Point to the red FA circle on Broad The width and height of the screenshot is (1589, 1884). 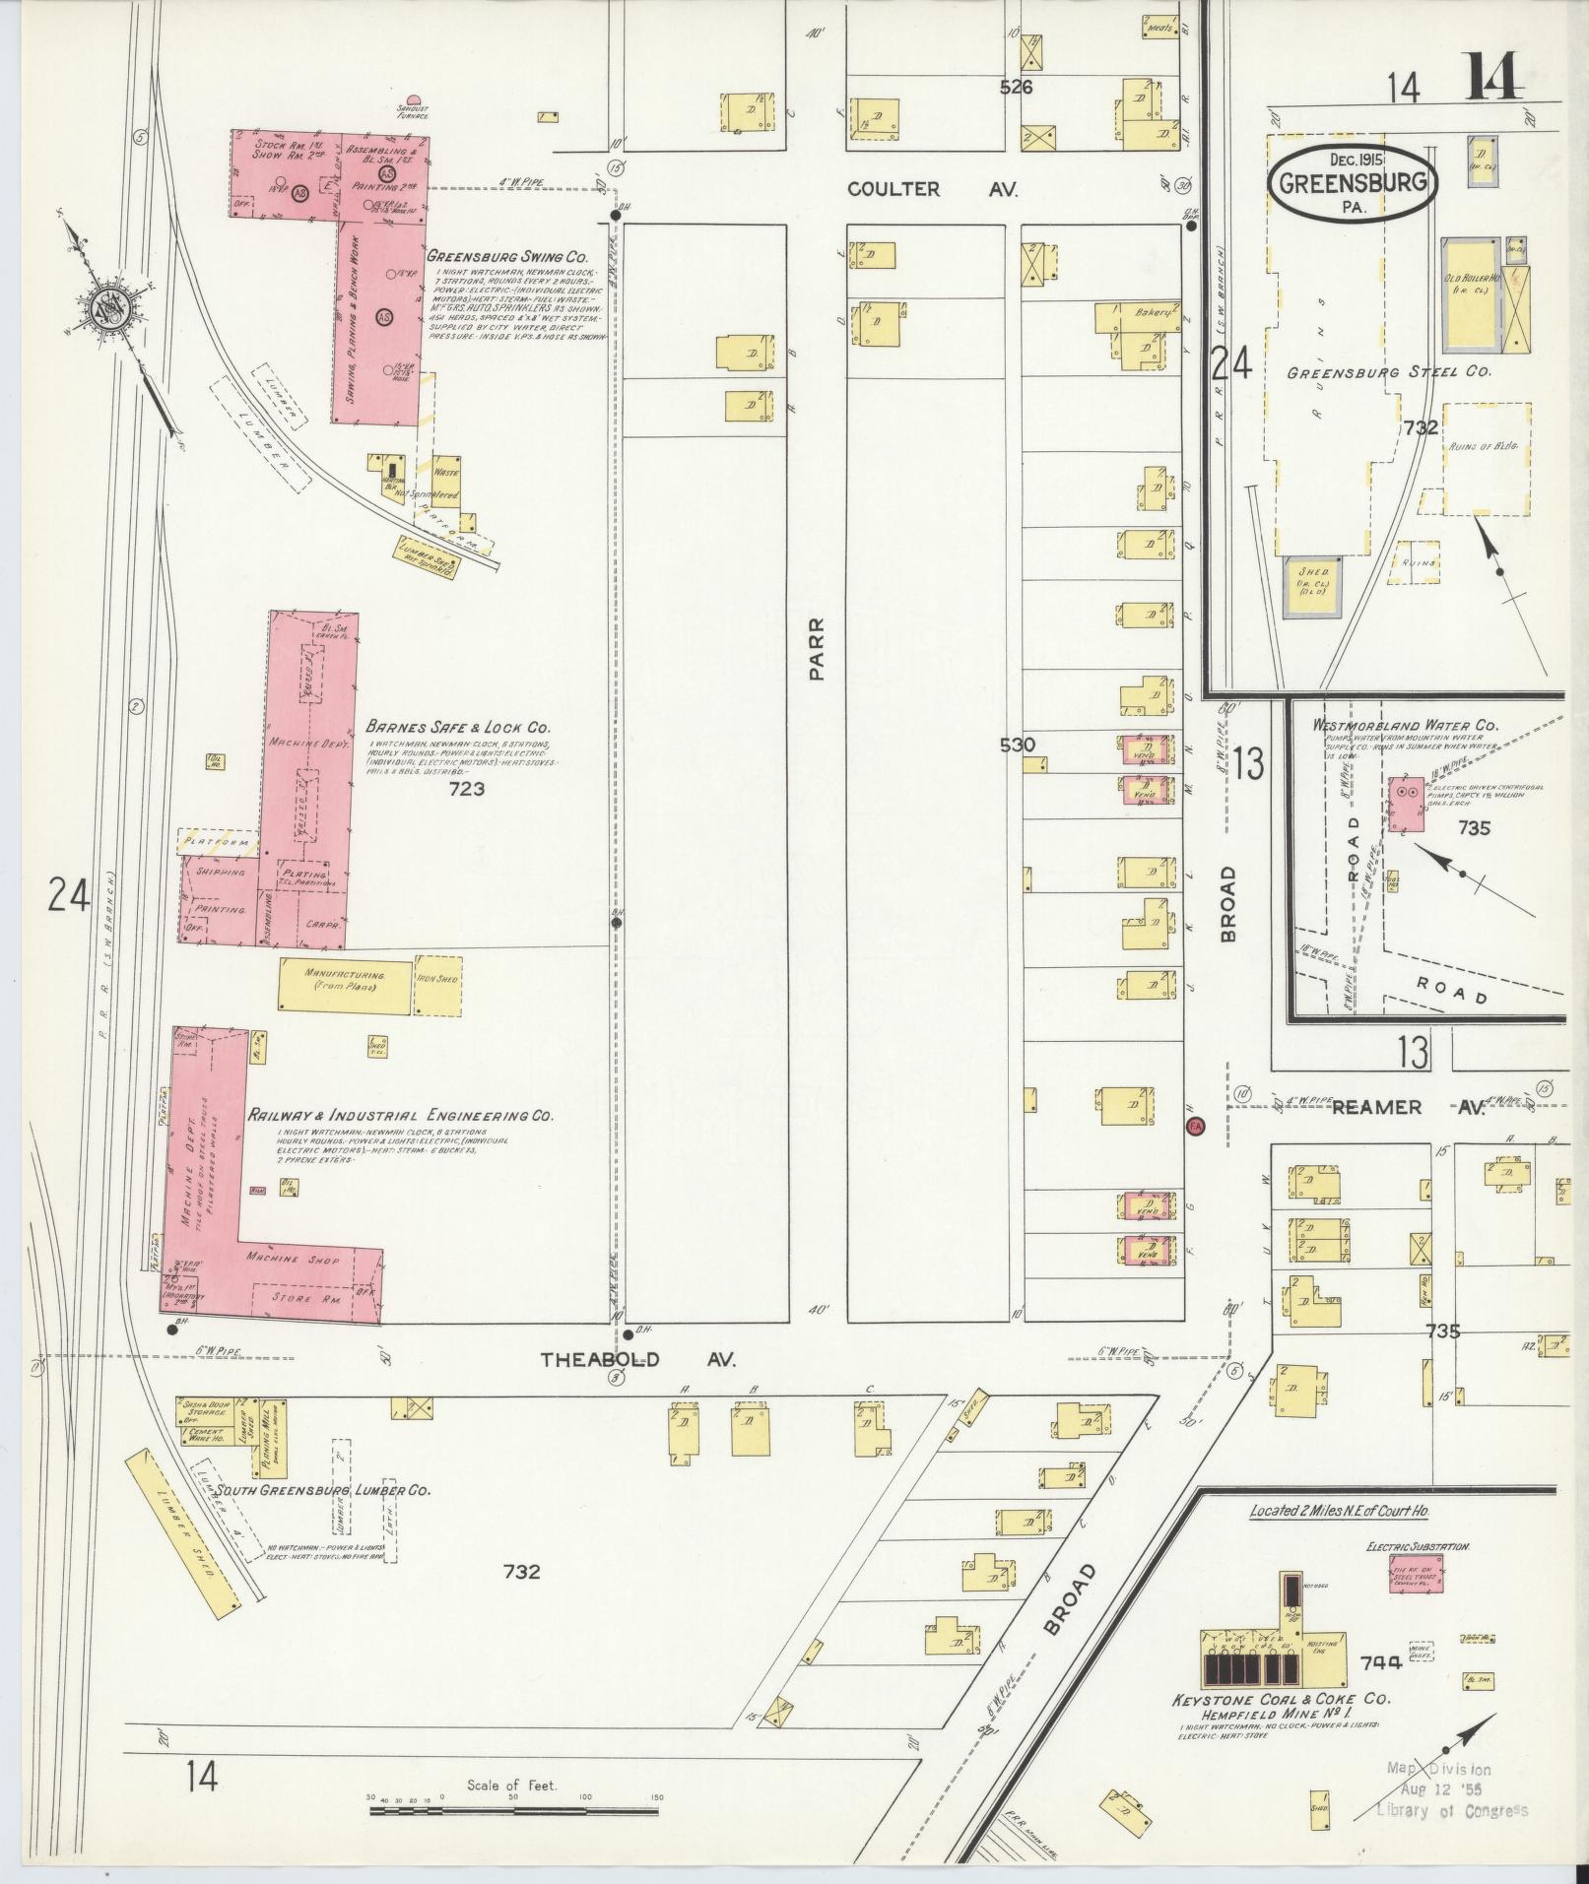click(x=1196, y=1126)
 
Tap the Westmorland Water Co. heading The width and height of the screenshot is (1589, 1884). click(x=1404, y=726)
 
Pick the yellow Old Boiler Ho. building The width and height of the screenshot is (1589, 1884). click(x=1472, y=294)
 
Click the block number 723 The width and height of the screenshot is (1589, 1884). click(x=465, y=789)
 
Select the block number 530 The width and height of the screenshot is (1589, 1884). click(x=1017, y=745)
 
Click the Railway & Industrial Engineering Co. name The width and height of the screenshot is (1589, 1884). click(x=400, y=1116)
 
